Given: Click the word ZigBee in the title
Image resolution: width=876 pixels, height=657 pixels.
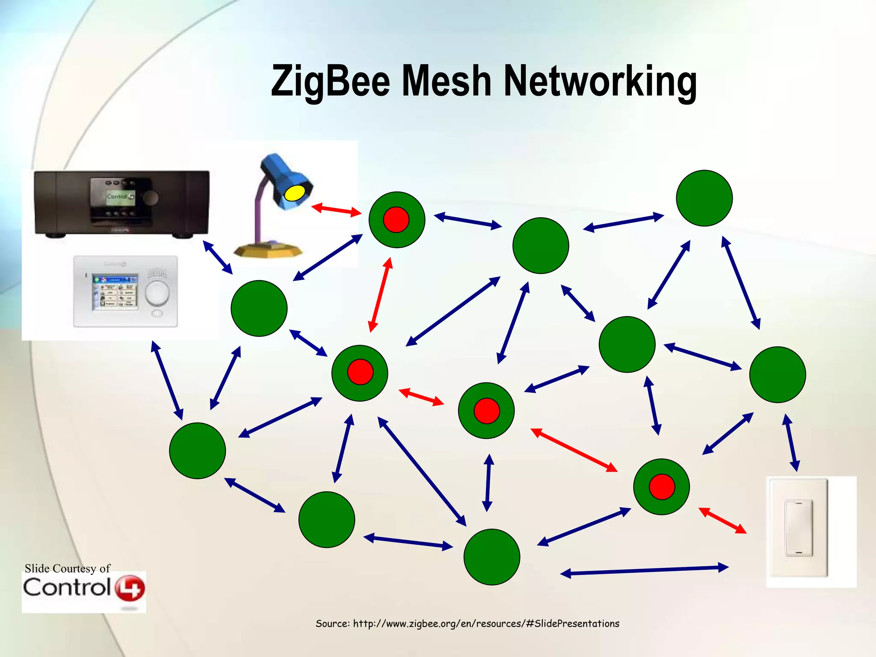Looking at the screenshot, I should tap(330, 81).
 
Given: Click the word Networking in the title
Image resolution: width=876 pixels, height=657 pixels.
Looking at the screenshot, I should tap(600, 81).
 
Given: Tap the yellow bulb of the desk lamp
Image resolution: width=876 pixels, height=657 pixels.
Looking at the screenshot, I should tap(294, 192).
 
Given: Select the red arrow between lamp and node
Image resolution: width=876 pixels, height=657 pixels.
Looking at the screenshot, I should tap(336, 210).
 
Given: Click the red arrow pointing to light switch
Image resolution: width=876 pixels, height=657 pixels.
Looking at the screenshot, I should tap(722, 520).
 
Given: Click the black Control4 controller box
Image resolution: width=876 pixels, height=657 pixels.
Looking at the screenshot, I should tap(122, 202).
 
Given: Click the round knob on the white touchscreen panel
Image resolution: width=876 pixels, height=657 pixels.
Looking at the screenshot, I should tap(157, 293).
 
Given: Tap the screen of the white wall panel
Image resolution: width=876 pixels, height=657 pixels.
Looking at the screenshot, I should tap(116, 292).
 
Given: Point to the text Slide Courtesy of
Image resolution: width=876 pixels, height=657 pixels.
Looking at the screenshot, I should tap(67, 568).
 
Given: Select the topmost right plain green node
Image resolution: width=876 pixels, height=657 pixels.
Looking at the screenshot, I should tap(704, 198).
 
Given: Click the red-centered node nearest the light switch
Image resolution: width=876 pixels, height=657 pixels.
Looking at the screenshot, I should tap(661, 487).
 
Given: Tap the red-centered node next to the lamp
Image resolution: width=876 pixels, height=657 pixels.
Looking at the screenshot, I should tap(397, 219).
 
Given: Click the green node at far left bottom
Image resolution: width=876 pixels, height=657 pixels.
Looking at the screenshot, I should tap(197, 450).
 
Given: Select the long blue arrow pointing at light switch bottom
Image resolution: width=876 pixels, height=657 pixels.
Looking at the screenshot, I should tap(644, 570).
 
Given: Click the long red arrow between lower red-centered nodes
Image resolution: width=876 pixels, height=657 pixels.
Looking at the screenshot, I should tap(574, 450).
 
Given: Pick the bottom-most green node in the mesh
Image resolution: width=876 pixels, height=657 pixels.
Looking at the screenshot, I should tap(491, 556).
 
